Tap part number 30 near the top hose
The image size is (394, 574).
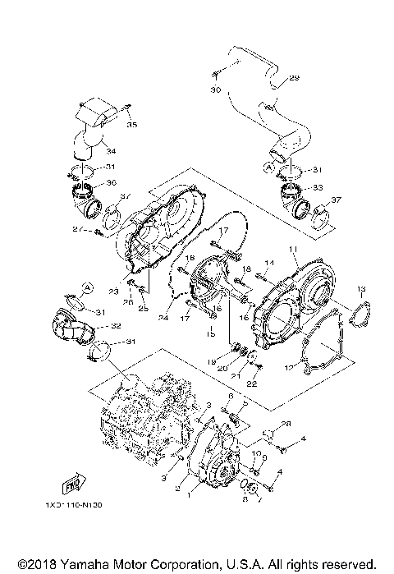[x=217, y=89]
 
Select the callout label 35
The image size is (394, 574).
[x=132, y=125]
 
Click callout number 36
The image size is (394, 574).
[x=112, y=182]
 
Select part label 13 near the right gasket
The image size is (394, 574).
[x=361, y=289]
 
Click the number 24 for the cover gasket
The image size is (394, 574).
[x=163, y=318]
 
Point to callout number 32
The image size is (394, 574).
[x=116, y=326]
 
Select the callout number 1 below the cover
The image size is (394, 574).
[x=190, y=496]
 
